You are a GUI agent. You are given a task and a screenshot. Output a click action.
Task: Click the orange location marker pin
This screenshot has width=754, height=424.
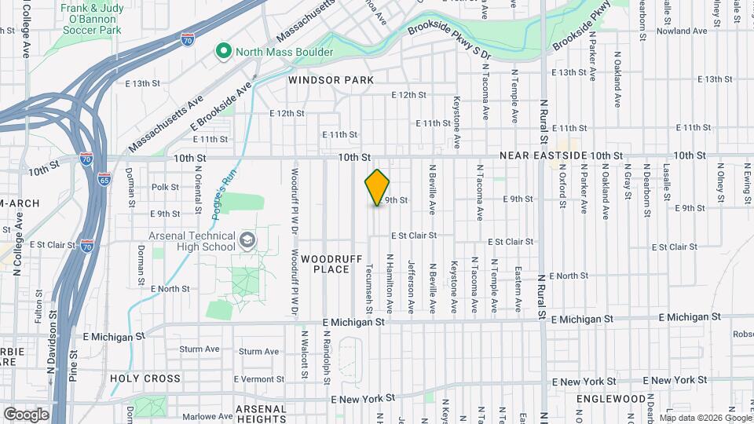377,188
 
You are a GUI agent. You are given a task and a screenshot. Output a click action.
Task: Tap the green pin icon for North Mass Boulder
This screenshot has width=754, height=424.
224,52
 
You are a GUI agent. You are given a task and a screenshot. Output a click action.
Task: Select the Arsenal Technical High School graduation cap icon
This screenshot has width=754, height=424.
247,239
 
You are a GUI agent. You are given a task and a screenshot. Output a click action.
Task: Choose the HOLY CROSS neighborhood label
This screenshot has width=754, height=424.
145,378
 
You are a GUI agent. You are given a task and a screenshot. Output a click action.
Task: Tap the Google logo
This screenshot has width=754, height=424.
26,414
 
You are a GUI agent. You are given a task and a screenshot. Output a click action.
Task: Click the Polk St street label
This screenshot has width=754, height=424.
165,187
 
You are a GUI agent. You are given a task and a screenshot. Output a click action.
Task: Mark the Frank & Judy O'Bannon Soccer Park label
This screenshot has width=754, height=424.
93,18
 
